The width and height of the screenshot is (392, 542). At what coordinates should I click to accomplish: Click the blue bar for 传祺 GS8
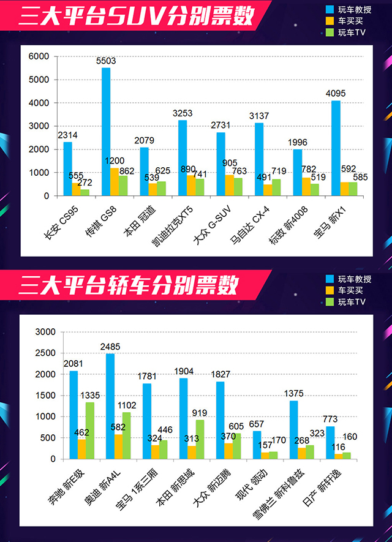pos(106,132)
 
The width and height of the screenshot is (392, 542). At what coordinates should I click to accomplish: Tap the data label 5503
pos(106,61)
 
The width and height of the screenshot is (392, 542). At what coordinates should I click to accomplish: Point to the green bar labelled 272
pos(85,192)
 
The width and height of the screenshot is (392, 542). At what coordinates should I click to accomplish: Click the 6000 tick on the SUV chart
pos(39,56)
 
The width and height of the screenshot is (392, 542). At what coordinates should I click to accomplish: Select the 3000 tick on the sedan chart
pos(47,332)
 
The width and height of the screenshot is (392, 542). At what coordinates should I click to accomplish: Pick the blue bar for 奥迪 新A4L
pos(110,406)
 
